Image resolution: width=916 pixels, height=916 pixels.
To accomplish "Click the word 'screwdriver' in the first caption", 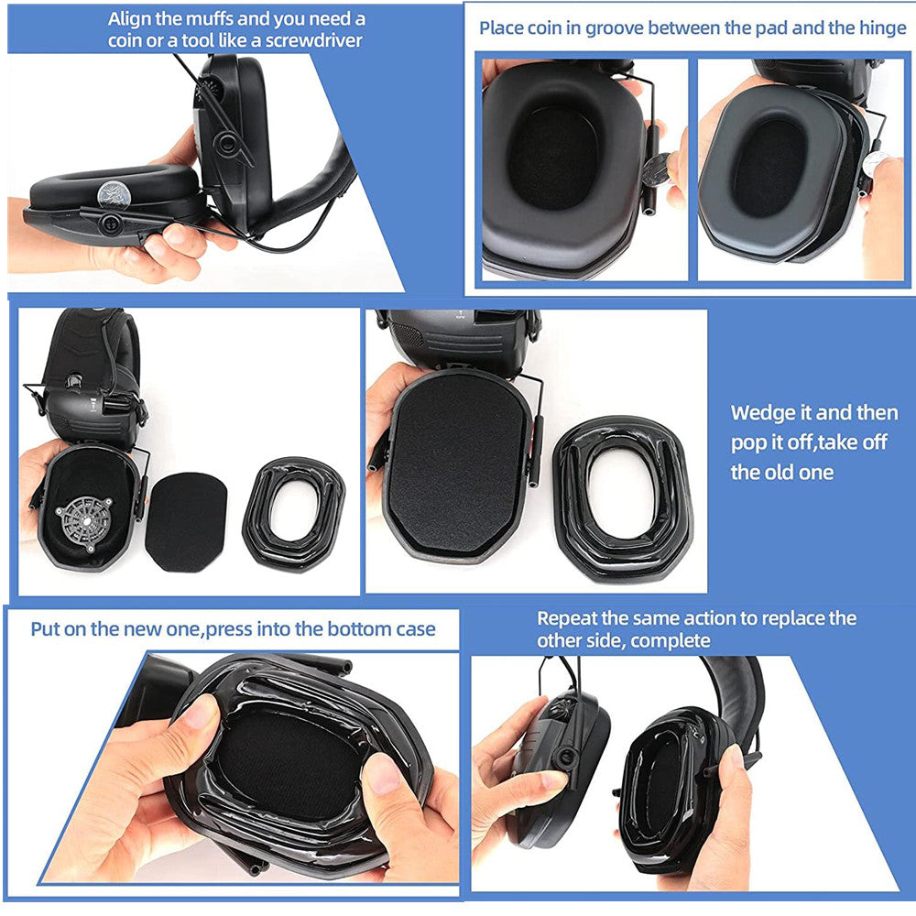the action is click(x=314, y=41).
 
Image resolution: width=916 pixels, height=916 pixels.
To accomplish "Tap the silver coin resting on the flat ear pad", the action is click(x=114, y=194).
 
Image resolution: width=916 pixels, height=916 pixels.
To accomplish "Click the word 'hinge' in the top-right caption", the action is click(x=882, y=28).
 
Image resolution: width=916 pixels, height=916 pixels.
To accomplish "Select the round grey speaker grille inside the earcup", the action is click(x=83, y=523).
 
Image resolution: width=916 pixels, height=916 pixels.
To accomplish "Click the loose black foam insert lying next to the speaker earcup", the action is click(x=186, y=522).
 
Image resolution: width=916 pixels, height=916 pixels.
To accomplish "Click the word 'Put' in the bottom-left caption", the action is click(x=45, y=629).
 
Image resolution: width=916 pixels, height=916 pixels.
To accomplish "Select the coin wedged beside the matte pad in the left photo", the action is click(x=657, y=169).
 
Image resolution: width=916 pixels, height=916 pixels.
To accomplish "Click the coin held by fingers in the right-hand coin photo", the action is click(x=875, y=164).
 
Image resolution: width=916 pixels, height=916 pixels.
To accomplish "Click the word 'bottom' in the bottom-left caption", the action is click(x=343, y=629).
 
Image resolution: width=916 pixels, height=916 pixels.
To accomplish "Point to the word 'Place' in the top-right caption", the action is click(x=501, y=28).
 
